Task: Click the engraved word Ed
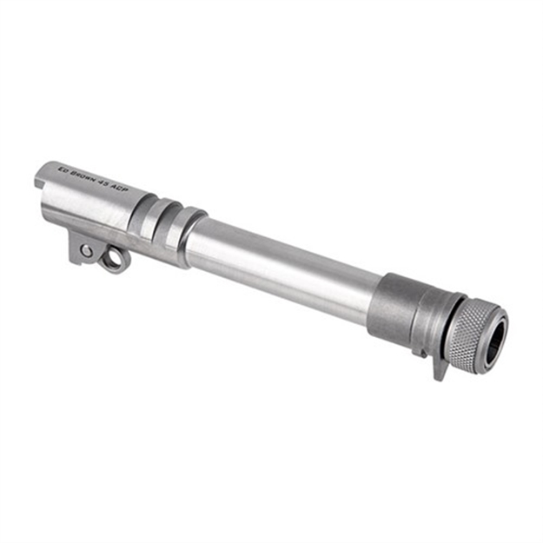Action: pyautogui.click(x=62, y=169)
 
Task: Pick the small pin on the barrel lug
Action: pyautogui.click(x=87, y=250)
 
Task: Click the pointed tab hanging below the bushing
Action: pyautogui.click(x=440, y=366)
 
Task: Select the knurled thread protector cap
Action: pyautogui.click(x=474, y=332)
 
